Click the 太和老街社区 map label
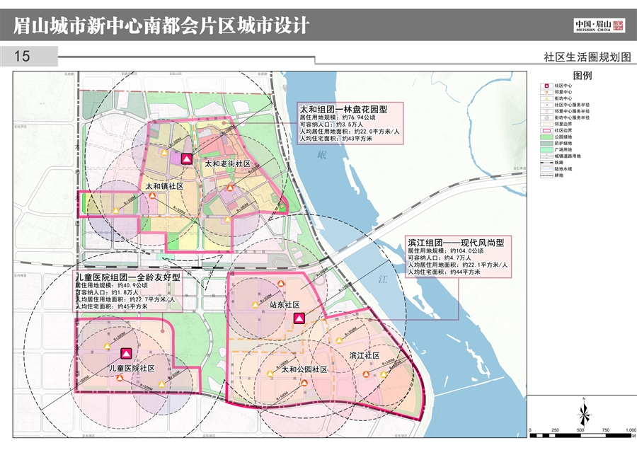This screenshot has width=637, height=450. tap(228, 163)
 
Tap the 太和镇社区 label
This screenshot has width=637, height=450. tap(164, 186)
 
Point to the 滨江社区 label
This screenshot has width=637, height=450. tap(365, 354)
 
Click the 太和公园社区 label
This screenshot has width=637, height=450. tap(304, 369)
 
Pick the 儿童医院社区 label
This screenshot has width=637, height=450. tap(132, 369)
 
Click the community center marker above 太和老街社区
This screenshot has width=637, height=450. tap(186, 159)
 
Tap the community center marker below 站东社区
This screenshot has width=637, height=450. tap(299, 319)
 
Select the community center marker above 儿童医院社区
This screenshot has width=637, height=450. tap(126, 353)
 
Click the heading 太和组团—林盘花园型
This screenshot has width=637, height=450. tap(344, 110)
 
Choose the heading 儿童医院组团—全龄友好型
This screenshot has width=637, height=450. tap(127, 277)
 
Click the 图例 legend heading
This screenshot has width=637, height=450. tap(582, 75)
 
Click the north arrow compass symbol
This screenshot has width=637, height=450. tap(583, 410)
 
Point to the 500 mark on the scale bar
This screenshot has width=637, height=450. tap(580, 429)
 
